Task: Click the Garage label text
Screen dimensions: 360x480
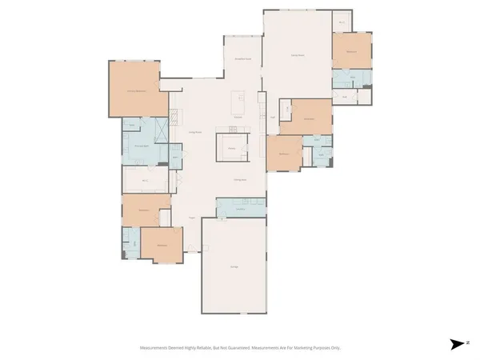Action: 234,266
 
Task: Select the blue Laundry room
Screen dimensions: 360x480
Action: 240,208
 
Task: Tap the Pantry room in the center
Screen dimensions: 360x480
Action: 232,149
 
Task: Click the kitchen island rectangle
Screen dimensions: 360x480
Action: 238,102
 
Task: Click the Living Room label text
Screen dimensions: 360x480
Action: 193,131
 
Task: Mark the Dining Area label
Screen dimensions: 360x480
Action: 238,180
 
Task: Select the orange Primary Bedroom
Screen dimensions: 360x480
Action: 134,90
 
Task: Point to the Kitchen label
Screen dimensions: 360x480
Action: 238,118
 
